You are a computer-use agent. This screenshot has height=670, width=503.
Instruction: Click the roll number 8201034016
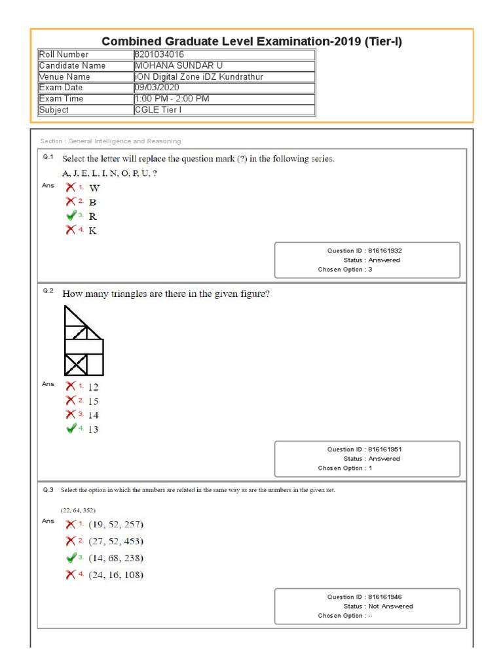pos(160,54)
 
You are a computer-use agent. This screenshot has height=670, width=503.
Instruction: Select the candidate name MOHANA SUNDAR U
pos(175,65)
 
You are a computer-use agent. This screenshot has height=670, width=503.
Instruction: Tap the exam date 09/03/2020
pos(157,88)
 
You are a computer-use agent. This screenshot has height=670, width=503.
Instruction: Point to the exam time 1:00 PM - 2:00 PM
pos(172,99)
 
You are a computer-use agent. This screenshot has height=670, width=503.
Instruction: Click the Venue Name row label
pos(65,77)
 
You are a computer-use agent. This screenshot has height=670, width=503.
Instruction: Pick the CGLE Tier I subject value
pos(158,110)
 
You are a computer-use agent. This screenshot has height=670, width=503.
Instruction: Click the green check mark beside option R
pos(71,215)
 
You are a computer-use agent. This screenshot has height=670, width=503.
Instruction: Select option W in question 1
pos(94,188)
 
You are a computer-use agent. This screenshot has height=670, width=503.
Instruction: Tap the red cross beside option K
pos(71,230)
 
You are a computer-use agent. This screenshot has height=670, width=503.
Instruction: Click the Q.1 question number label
pos(48,158)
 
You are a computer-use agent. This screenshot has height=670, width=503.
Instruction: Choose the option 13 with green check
pos(93,429)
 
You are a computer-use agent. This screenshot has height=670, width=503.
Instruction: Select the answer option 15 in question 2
pos(93,401)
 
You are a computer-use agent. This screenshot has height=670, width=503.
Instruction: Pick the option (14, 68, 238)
pos(116,558)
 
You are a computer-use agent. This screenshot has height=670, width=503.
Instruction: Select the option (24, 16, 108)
pos(116,575)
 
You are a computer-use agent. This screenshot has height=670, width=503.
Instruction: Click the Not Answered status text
pos(391,607)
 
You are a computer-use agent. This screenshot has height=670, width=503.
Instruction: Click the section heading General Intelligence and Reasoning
pos(110,141)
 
